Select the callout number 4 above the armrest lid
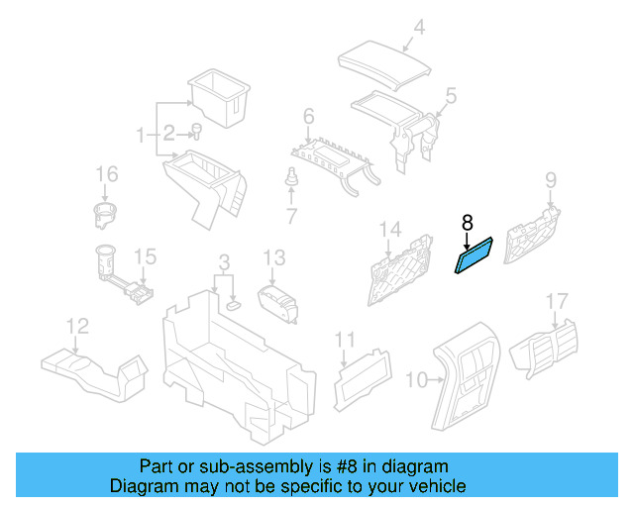[419, 28]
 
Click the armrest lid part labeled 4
[385, 62]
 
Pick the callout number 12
[77, 325]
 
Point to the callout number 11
[344, 341]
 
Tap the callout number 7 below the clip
[291, 215]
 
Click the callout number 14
[390, 231]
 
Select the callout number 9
[551, 179]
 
